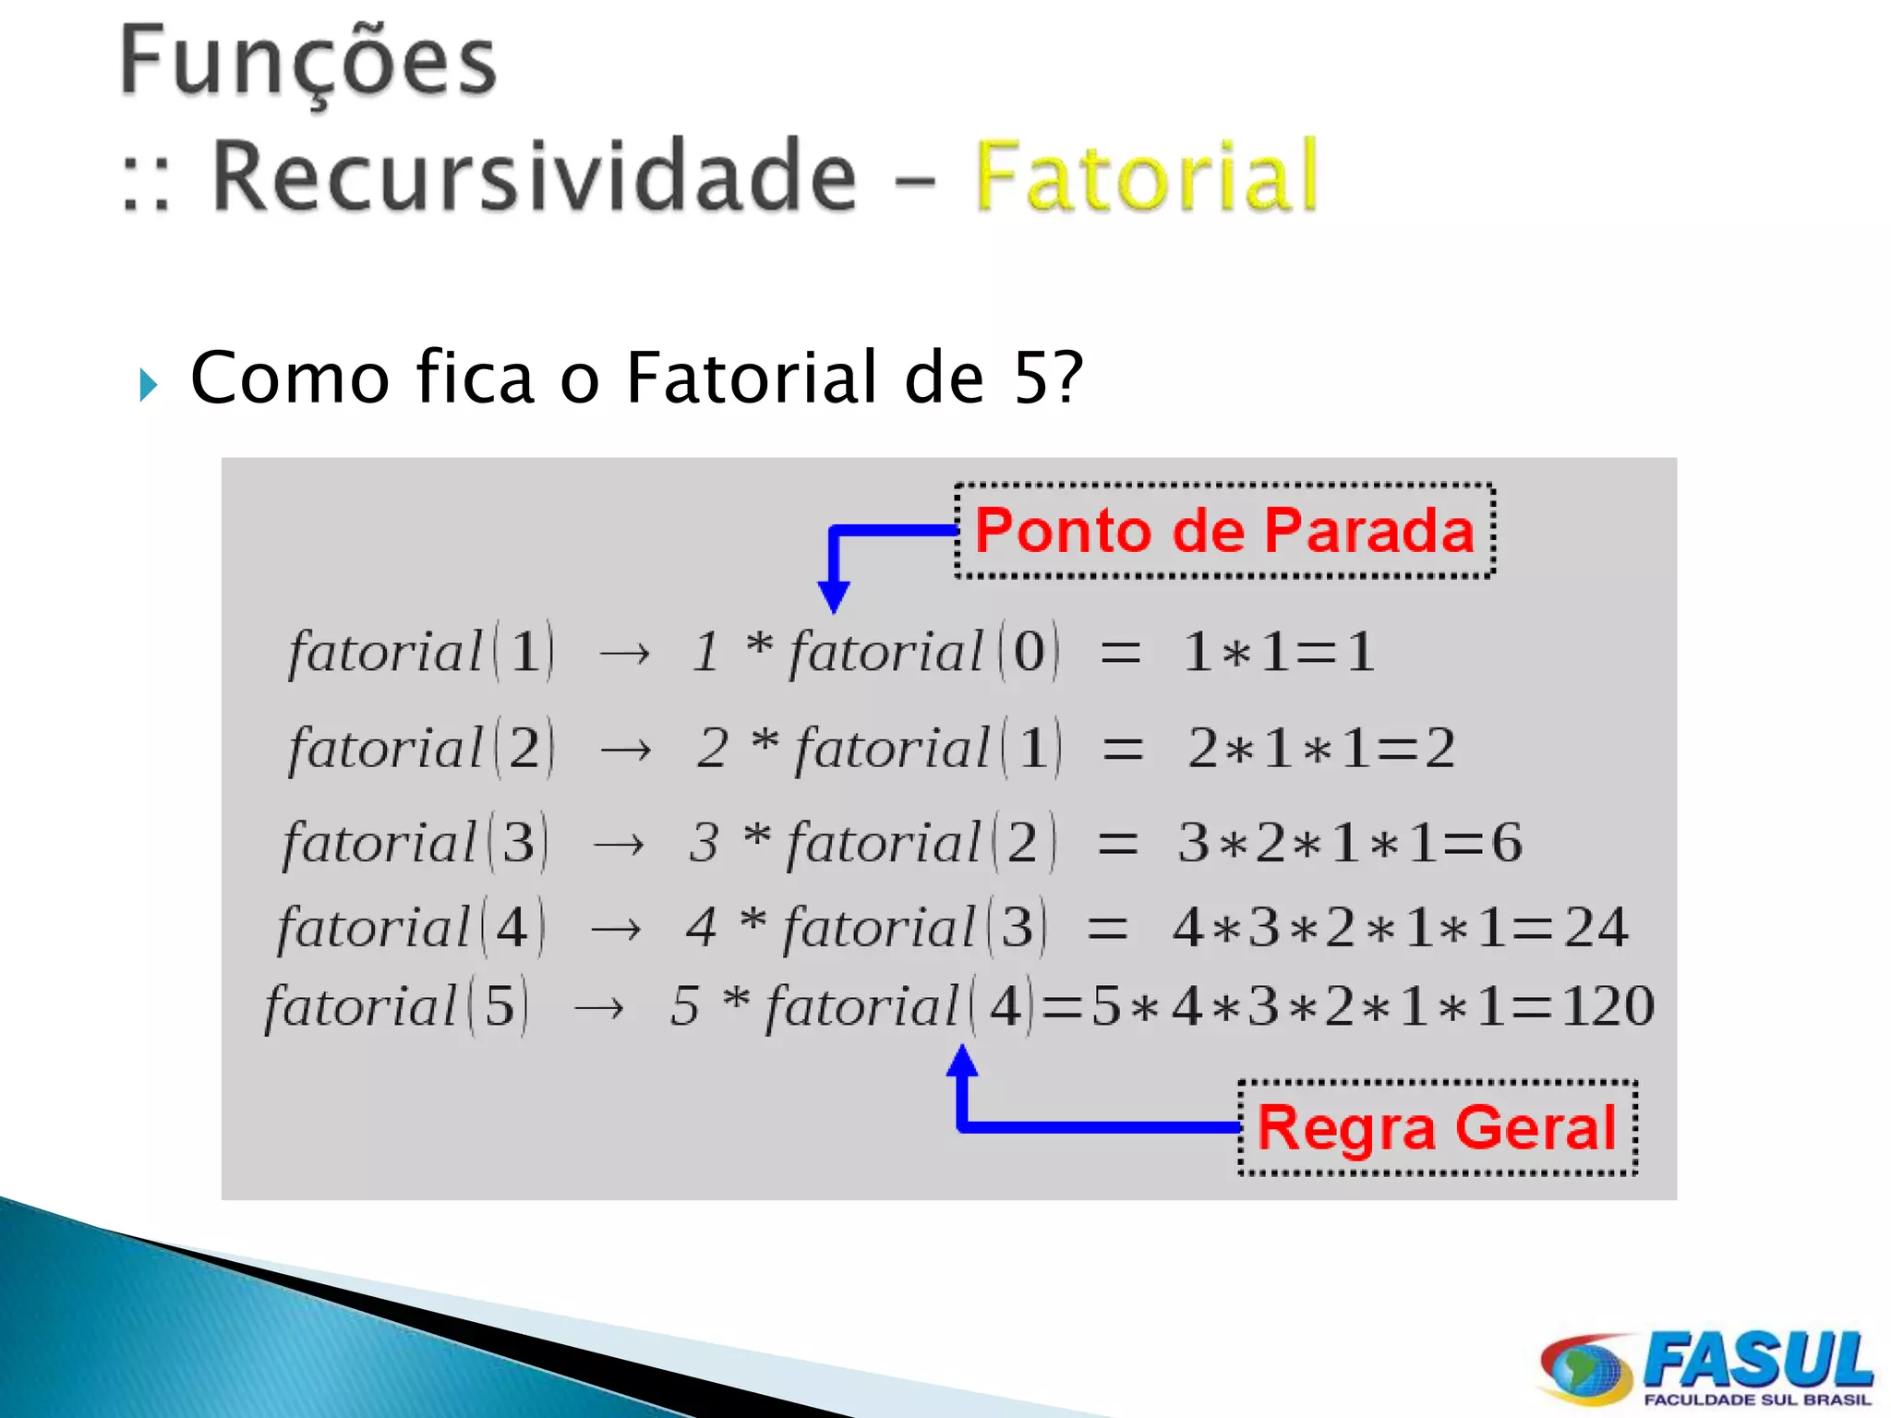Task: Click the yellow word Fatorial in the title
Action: [1145, 175]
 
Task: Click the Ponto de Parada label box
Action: [1224, 531]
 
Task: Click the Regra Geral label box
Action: [1437, 1127]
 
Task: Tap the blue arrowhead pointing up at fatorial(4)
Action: [962, 1062]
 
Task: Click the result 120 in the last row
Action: [1607, 1006]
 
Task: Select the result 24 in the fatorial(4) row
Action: [1596, 928]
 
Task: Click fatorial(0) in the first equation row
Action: [923, 652]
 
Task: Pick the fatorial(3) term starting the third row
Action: [416, 843]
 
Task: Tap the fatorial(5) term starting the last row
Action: [397, 1006]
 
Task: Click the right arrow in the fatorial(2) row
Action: [625, 750]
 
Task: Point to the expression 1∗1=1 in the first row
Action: [1279, 652]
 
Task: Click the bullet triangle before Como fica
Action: [148, 384]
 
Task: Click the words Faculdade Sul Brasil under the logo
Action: [1756, 1400]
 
